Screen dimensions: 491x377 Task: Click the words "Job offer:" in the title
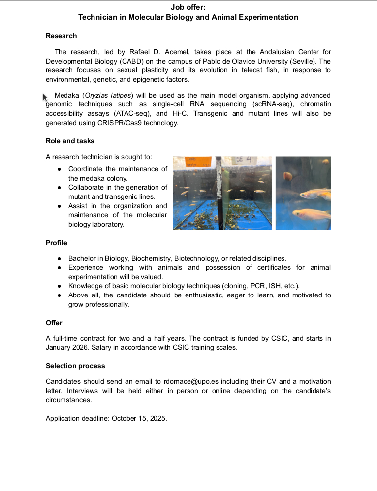[x=188, y=7]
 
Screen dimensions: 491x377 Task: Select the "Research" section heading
[x=61, y=36]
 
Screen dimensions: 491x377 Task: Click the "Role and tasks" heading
[x=70, y=141]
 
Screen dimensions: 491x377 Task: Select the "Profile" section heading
[x=56, y=243]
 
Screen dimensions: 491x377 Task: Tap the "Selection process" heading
[x=75, y=366]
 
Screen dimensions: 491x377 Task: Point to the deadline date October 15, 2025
[x=139, y=418]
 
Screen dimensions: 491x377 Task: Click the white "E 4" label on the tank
[x=245, y=160]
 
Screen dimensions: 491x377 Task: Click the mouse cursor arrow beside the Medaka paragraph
[x=45, y=97]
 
